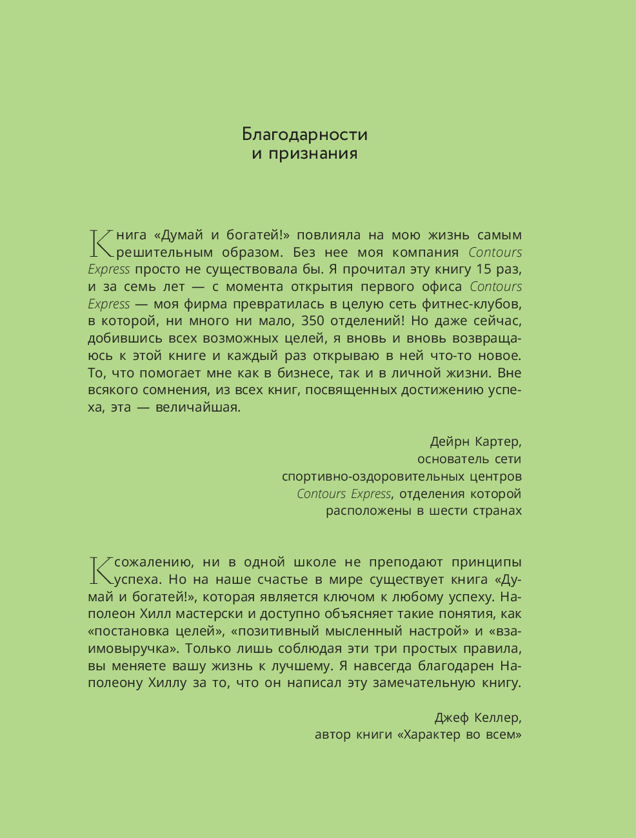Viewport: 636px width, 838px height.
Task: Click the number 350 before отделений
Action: pyautogui.click(x=317, y=321)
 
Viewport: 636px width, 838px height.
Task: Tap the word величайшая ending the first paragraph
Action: pyautogui.click(x=198, y=408)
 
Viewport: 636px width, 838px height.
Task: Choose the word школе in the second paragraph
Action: pyautogui.click(x=315, y=563)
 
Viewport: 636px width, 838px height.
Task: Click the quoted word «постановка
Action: pyautogui.click(x=129, y=632)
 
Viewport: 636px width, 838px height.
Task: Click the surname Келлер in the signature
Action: pyautogui.click(x=497, y=718)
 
